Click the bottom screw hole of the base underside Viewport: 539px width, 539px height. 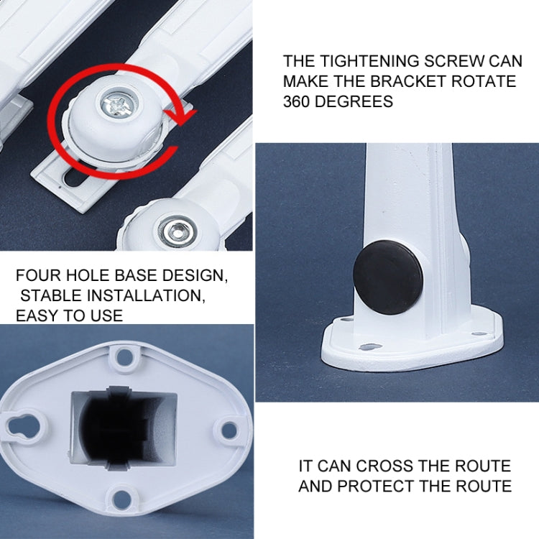click(124, 497)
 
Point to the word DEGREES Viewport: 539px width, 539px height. click(359, 101)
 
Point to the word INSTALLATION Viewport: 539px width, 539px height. click(143, 295)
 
